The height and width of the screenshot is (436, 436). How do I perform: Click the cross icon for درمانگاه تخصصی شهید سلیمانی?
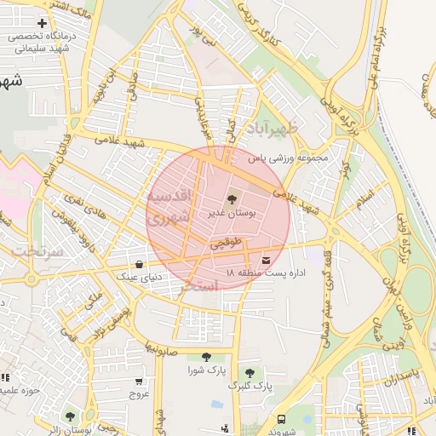pyautogui.click(x=41, y=22)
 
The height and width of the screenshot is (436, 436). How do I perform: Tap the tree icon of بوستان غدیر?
pyautogui.click(x=232, y=198)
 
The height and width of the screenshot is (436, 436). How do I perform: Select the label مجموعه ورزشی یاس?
pyautogui.click(x=288, y=158)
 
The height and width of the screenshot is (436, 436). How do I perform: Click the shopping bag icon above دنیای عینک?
pyautogui.click(x=139, y=264)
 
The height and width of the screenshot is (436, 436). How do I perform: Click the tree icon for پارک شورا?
pyautogui.click(x=204, y=358)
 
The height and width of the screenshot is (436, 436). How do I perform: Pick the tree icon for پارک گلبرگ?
pyautogui.click(x=250, y=373)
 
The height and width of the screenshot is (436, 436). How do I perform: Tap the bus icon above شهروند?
pyautogui.click(x=281, y=419)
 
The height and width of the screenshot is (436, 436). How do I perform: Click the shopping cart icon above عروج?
pyautogui.click(x=139, y=381)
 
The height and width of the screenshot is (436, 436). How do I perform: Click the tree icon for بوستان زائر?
pyautogui.click(x=70, y=417)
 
